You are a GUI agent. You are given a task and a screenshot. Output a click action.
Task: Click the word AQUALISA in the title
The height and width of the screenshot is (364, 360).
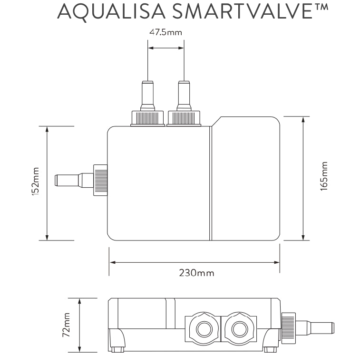pos(111,11)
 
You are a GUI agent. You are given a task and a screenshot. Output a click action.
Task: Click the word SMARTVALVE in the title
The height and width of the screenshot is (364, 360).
pos(242,11)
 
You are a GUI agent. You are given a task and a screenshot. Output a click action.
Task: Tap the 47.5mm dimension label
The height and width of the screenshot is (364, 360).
pos(165,32)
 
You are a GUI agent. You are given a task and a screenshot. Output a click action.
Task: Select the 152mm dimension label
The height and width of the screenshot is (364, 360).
pos(36,182)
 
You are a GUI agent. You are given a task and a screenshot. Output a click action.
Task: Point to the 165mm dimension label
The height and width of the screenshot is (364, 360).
pos(324,176)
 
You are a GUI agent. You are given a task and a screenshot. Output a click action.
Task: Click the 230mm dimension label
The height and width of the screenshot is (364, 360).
pos(196,273)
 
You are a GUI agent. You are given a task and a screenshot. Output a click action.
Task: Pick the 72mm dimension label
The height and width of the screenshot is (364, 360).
pos(66,325)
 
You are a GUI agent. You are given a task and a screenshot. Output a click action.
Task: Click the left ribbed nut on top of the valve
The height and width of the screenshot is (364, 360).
pos(147,118)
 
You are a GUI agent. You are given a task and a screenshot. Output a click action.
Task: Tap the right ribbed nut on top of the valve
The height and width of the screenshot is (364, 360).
pos(184,118)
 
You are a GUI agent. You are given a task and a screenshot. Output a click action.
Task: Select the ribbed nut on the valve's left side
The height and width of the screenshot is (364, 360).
pos(100,180)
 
